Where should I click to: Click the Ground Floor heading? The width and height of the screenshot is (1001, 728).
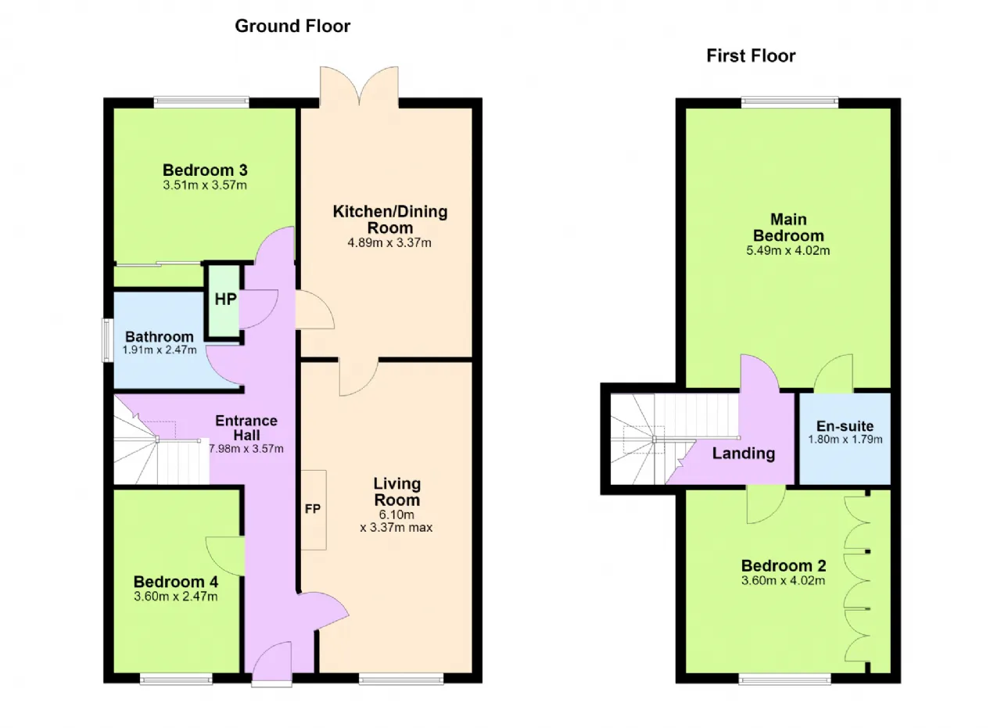click(292, 27)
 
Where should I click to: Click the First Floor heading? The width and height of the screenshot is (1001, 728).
click(751, 56)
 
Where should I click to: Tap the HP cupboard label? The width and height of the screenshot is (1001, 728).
click(225, 299)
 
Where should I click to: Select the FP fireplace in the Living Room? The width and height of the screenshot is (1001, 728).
click(313, 510)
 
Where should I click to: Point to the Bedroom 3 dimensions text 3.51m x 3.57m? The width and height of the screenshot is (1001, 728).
click(205, 185)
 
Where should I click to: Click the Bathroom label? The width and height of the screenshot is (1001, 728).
click(160, 336)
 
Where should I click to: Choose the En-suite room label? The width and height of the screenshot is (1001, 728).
click(845, 426)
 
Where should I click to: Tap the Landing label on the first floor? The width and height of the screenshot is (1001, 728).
click(744, 454)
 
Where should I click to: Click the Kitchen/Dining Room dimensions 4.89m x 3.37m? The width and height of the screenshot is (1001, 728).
click(389, 242)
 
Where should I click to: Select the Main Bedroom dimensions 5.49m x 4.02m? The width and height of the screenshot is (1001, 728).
click(788, 250)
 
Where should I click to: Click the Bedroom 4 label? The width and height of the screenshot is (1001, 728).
click(176, 582)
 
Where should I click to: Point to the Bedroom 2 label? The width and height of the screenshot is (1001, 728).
click(784, 566)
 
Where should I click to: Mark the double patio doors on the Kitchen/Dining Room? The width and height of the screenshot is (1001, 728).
click(359, 86)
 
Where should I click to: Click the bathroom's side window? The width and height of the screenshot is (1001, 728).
click(107, 340)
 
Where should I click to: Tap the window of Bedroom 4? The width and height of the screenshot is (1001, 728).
click(176, 680)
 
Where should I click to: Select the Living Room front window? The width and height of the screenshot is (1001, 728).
click(401, 680)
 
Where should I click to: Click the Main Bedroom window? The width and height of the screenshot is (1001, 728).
click(790, 102)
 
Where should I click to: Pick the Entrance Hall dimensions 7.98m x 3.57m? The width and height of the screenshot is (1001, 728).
click(246, 449)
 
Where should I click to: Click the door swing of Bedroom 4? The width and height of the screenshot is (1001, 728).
click(225, 556)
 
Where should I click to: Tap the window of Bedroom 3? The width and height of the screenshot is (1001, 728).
click(202, 102)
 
